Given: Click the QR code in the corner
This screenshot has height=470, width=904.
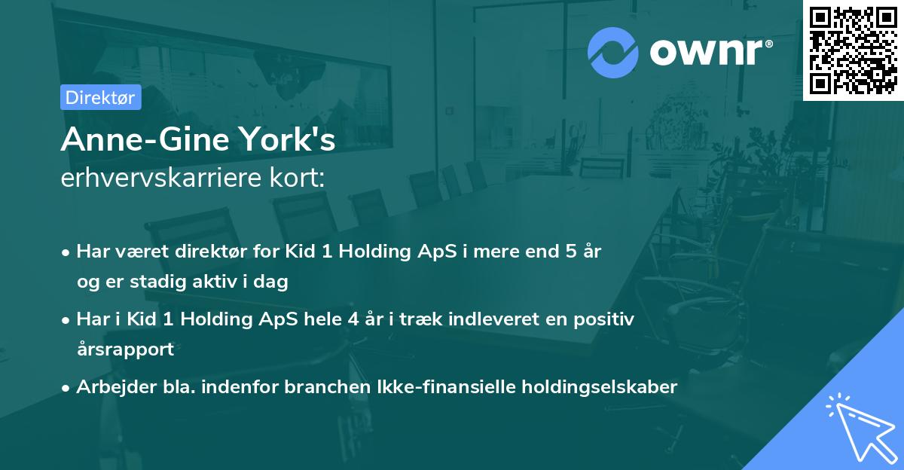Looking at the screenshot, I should (853, 50).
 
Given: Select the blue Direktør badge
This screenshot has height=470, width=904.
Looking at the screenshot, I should (100, 97).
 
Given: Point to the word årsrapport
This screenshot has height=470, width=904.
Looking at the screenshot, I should (125, 349).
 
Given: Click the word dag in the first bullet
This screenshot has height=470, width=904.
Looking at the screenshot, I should (273, 282).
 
